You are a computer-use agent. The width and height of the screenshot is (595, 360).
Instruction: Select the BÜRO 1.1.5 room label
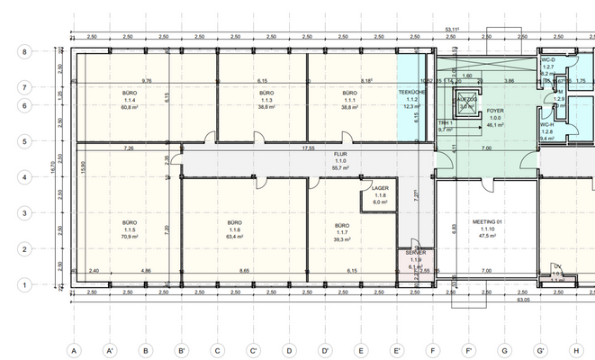129,229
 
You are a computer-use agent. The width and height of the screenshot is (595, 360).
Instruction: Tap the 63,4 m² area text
235,237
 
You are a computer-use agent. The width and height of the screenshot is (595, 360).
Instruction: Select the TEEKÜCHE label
412,93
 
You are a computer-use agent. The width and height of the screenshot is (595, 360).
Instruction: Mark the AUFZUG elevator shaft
466,102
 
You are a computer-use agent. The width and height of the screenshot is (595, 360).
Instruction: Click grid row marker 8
25,52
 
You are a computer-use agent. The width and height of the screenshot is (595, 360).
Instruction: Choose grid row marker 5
25,141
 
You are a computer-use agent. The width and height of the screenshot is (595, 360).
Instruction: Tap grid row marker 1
25,284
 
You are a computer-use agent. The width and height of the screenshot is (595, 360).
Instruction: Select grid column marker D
289,350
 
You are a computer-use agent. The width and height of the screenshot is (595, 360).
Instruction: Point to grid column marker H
576,350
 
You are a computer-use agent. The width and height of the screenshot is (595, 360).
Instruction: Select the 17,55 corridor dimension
309,148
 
